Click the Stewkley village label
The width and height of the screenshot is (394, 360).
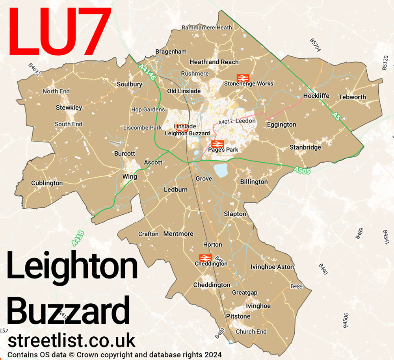click(69, 108)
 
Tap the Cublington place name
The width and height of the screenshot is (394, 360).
click(47, 183)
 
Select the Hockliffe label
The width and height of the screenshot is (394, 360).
click(316, 96)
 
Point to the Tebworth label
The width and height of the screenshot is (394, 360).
click(352, 97)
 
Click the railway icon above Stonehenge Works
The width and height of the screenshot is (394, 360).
click(243, 78)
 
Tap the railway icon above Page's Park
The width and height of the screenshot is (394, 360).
click(217, 144)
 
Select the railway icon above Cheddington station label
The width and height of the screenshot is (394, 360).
click(206, 258)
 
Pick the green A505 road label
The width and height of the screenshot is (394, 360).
click(302, 171)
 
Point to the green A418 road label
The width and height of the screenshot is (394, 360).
click(78, 239)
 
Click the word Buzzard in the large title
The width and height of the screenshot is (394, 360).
click(68, 311)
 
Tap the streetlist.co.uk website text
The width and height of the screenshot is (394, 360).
click(71, 340)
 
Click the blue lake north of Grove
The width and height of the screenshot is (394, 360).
click(221, 170)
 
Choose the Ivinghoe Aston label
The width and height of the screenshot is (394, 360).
click(272, 267)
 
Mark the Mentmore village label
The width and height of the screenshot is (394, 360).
click(178, 234)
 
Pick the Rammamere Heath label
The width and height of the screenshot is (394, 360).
click(206, 28)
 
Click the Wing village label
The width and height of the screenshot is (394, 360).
click(130, 177)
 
